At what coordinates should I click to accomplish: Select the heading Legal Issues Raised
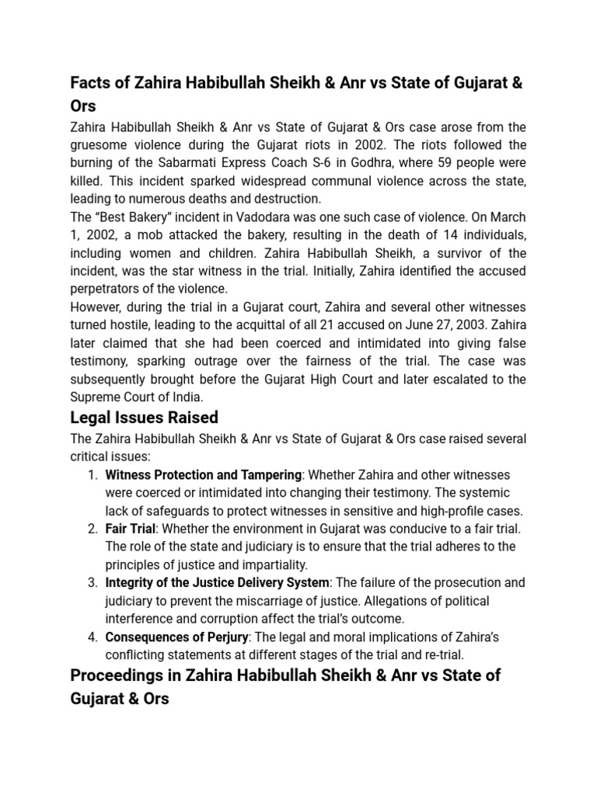click(x=144, y=417)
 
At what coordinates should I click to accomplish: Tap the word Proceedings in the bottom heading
click(x=124, y=675)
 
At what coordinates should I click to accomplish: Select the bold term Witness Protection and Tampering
click(x=203, y=474)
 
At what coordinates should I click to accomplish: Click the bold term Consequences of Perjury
click(x=176, y=637)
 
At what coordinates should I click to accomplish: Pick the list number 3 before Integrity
click(x=92, y=582)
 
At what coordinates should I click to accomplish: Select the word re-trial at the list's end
click(x=442, y=654)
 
